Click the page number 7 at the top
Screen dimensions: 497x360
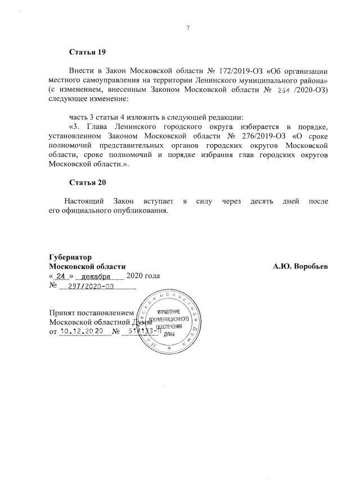coord(188,28)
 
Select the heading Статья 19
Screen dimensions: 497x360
coord(87,52)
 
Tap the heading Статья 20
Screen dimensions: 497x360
coord(87,183)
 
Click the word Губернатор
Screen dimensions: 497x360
coord(70,256)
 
